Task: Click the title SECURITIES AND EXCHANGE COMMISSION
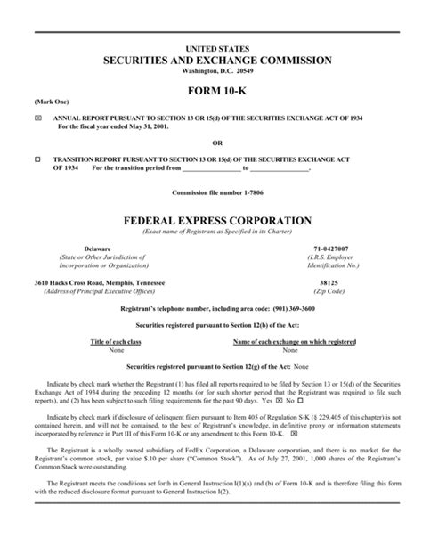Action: click(210, 60)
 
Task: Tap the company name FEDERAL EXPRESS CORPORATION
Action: click(210, 219)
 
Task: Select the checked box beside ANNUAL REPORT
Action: click(37, 118)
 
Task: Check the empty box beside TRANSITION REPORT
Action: click(37, 158)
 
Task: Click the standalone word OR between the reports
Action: click(210, 141)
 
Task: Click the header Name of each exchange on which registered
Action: click(294, 341)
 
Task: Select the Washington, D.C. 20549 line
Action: click(210, 71)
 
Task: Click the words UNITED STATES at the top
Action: click(210, 46)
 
